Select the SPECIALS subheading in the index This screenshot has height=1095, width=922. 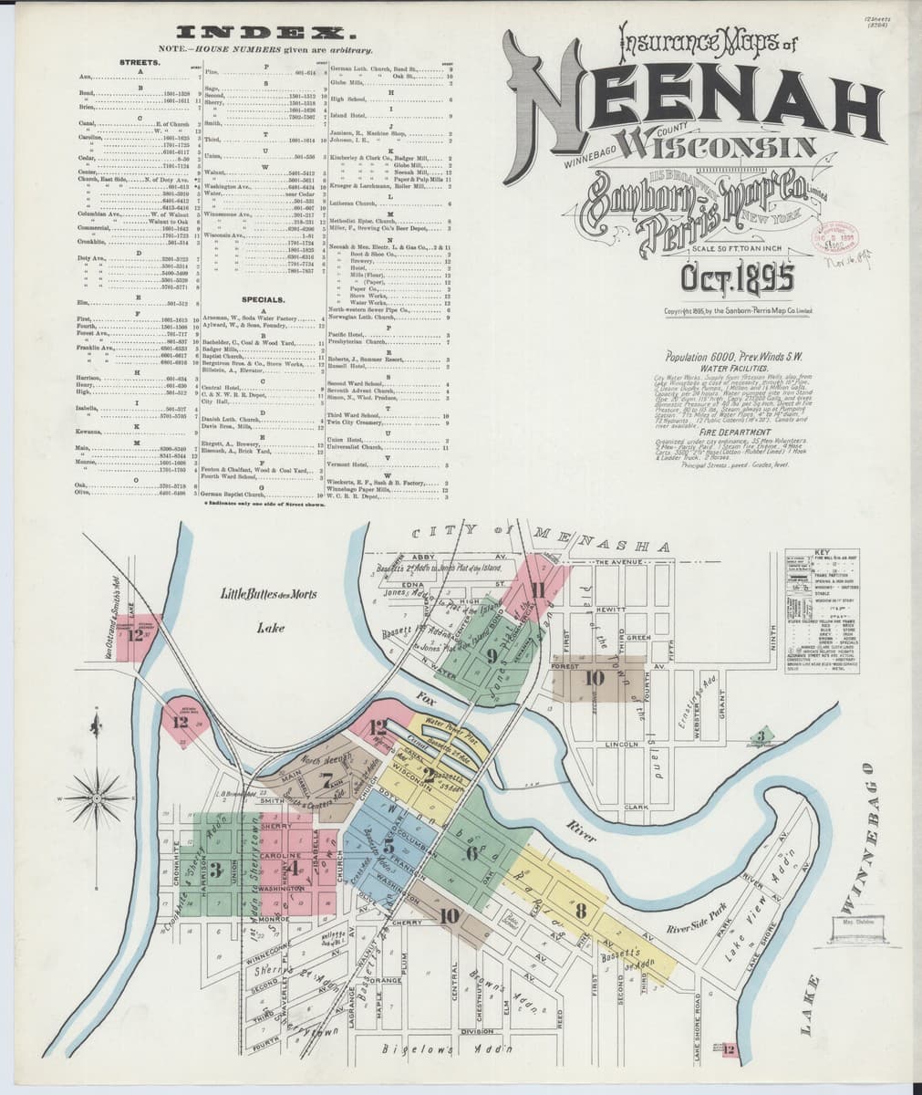coord(264,299)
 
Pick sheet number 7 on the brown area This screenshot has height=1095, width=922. coord(326,780)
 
